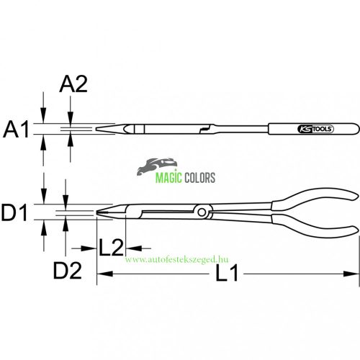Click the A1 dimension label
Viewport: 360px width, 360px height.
[x=16, y=130]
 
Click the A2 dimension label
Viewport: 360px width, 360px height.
[x=73, y=85]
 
